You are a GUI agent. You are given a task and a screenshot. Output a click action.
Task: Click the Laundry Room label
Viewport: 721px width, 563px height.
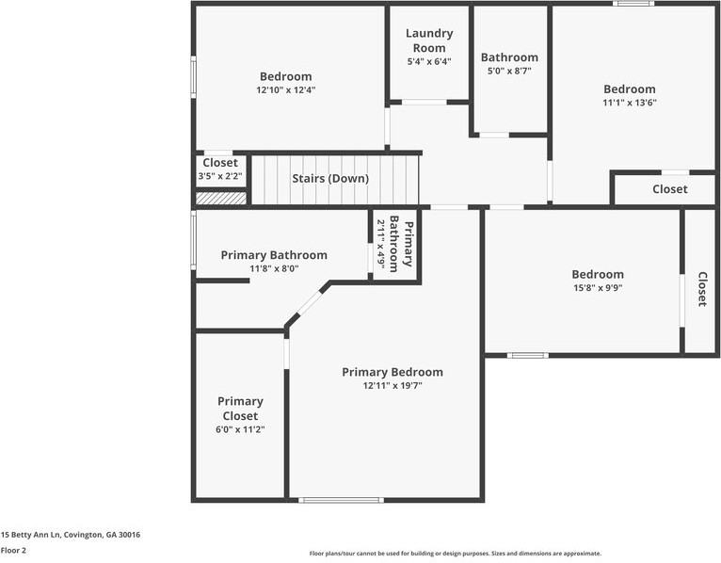tap(429, 40)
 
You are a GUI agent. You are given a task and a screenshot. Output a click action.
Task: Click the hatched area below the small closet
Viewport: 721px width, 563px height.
tap(221, 198)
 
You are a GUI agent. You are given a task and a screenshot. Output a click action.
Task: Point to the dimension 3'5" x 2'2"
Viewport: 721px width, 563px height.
tap(220, 176)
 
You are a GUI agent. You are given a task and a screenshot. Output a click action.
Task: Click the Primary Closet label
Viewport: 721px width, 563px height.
tap(240, 409)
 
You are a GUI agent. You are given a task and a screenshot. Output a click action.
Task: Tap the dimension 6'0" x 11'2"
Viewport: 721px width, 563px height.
tap(240, 430)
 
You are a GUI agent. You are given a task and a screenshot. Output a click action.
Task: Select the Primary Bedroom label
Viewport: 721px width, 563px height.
tap(392, 372)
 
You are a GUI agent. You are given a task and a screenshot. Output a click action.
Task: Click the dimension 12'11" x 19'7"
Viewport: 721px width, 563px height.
tap(392, 386)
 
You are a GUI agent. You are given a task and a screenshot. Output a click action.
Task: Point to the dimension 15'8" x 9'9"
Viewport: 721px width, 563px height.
tap(597, 288)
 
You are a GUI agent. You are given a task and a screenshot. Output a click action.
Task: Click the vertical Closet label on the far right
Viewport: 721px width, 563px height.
tap(702, 289)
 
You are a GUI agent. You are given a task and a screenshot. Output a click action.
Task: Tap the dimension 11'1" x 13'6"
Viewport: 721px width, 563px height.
tap(629, 104)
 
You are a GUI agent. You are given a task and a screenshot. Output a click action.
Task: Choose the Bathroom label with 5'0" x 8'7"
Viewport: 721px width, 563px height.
tap(509, 57)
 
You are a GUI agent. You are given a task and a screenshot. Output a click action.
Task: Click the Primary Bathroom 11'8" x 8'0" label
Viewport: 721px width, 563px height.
tap(274, 255)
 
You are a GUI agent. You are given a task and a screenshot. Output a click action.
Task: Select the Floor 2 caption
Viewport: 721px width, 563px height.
tap(13, 551)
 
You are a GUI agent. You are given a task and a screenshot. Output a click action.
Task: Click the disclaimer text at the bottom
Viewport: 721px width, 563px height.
tap(455, 554)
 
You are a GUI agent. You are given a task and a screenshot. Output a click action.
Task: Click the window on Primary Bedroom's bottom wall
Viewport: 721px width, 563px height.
tap(341, 500)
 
